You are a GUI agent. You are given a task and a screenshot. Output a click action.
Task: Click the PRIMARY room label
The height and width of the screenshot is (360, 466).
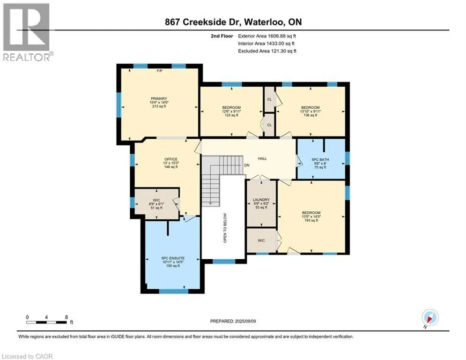tap(159, 98)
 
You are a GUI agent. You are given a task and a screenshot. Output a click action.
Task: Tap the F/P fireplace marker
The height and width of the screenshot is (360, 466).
tap(160, 71)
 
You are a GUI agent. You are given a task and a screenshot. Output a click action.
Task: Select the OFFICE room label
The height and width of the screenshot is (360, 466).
tap(171, 159)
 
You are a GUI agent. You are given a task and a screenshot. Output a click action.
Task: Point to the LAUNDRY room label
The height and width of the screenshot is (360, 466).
tap(261, 200)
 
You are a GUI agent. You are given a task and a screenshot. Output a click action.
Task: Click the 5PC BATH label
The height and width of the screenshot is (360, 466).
tap(320, 160)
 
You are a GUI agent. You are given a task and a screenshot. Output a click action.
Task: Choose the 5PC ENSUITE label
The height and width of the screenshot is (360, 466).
tap(173, 258)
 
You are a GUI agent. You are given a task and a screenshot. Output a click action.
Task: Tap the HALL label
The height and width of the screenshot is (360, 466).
tap(262, 158)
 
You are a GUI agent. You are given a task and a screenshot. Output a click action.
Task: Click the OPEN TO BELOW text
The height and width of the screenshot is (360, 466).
tap(225, 228)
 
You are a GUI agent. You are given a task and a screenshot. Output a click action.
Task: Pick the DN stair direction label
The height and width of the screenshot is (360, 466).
tap(247, 165)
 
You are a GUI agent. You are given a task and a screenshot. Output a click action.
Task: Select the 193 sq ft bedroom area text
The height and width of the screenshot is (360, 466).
tap(311, 220)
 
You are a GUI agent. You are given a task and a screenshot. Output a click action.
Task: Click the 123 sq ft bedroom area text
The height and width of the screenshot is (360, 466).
tap(231, 115)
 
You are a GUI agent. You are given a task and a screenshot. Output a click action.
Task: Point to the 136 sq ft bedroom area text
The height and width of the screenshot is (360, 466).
tap(311, 115)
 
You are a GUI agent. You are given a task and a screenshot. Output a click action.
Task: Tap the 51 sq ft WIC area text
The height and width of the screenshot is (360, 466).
tap(156, 208)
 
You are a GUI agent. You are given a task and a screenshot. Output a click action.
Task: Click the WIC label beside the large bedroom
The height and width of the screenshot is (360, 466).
tap(261, 240)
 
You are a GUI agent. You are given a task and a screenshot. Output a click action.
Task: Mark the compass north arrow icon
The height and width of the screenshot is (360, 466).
tap(430, 317)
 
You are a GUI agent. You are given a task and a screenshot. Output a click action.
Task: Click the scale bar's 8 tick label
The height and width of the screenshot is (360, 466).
tap(67, 317)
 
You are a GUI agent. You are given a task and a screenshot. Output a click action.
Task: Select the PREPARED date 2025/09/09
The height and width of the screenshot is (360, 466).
tap(245, 321)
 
